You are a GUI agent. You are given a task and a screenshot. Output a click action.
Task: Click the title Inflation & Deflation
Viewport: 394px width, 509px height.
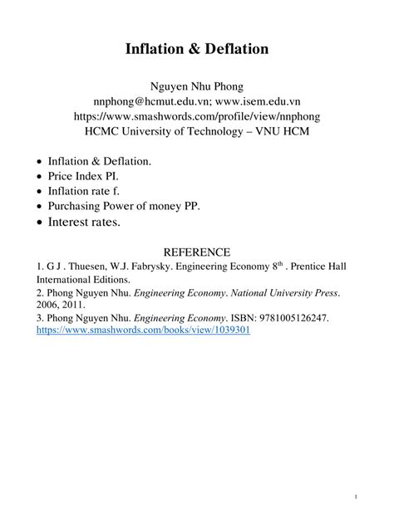[197, 49]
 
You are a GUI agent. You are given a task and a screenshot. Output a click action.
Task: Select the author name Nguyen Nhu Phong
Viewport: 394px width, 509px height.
[197, 87]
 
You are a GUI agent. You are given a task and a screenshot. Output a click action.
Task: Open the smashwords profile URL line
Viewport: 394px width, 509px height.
[197, 116]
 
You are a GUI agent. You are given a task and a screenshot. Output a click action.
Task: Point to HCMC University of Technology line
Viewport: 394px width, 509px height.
[197, 130]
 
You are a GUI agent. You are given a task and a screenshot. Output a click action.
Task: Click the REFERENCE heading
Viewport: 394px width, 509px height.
[197, 252]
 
